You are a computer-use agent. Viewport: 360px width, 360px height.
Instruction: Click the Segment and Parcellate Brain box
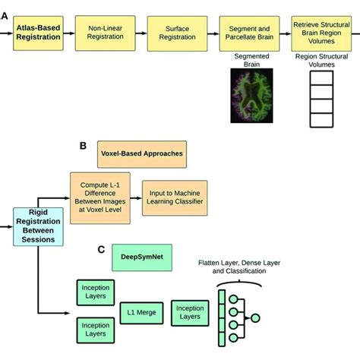coord(248,34)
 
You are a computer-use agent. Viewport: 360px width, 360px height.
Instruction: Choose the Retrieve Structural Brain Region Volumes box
coord(317,34)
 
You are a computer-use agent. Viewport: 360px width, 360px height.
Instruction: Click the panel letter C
coord(100,248)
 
